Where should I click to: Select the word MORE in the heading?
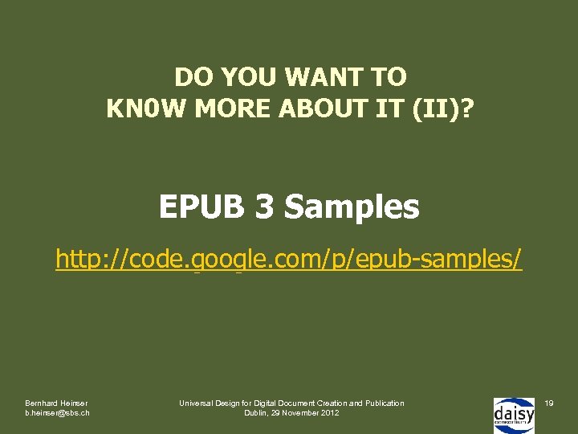pos(226,107)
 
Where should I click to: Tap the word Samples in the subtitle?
pos(352,207)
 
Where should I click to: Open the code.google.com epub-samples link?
pos(289,260)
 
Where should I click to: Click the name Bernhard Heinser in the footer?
pos(56,402)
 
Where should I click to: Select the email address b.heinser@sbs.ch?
pos(57,412)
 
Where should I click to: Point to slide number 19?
pos(549,402)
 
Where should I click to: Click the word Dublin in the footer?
pos(258,412)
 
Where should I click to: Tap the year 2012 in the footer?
pos(330,412)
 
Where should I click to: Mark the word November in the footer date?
pos(301,412)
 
